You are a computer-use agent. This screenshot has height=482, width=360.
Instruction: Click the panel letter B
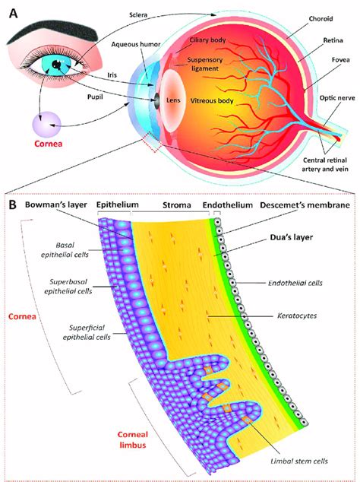[13, 205]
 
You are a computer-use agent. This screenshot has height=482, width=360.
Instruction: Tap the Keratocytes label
[292, 312]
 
